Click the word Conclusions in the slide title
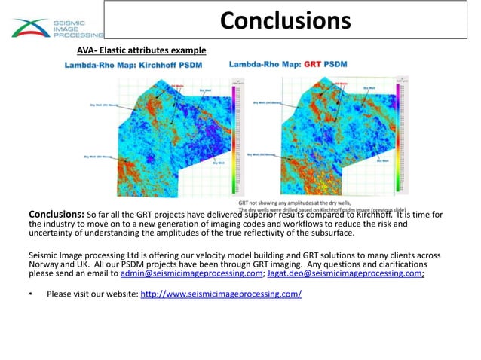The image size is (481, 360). coord(285,20)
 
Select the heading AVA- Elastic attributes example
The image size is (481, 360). coord(141,50)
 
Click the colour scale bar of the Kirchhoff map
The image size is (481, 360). coord(229,136)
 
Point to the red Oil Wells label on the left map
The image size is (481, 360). coord(178,86)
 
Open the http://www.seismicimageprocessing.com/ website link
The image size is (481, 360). coord(221,294)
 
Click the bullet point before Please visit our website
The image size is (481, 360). coord(32,294)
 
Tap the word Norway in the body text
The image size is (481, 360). coord(44,265)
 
